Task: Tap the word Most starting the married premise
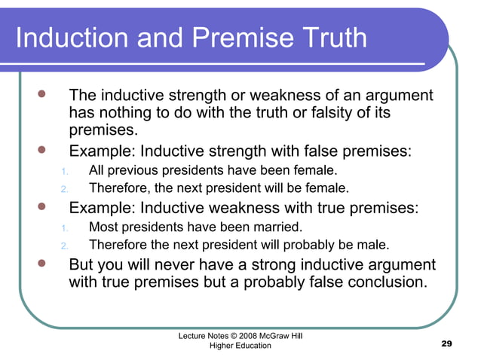[x=103, y=227]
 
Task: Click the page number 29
[x=446, y=343]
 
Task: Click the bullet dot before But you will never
[x=43, y=264]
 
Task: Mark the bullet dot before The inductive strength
[x=43, y=96]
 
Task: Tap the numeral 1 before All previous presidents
[x=65, y=170]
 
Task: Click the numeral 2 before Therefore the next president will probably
[x=65, y=245]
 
